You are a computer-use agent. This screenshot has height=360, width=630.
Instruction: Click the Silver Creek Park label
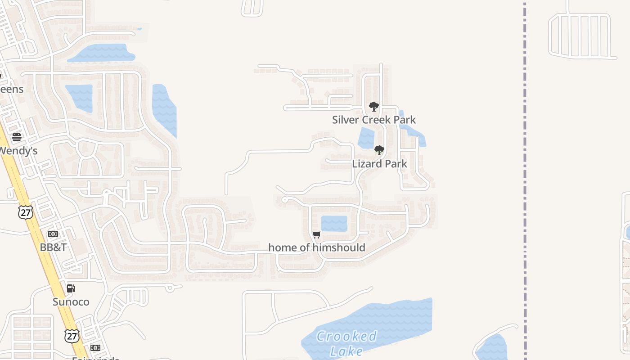click(x=373, y=120)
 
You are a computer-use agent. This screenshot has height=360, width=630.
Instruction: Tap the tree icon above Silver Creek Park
click(x=373, y=107)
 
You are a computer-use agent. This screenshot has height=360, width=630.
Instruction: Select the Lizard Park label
click(x=379, y=164)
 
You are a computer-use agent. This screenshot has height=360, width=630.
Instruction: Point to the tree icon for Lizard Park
click(x=379, y=150)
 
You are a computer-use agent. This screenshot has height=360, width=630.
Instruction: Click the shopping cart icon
click(x=317, y=234)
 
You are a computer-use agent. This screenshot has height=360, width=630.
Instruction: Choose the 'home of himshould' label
click(x=317, y=247)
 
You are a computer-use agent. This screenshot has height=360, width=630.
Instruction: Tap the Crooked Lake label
click(x=346, y=343)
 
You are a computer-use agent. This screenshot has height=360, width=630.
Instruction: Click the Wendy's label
click(x=18, y=151)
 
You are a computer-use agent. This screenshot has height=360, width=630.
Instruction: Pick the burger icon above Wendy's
click(x=17, y=137)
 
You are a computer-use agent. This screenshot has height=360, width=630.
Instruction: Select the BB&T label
click(x=53, y=247)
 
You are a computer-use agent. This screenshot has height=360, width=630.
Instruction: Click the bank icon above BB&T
click(x=53, y=234)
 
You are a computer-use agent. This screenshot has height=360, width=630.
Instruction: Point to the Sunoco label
click(x=71, y=301)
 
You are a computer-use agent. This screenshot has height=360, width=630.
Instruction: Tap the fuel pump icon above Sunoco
click(x=71, y=288)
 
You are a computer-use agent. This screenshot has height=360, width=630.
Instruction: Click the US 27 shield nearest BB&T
click(x=26, y=212)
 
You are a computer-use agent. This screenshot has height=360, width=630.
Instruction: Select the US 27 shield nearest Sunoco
click(x=72, y=335)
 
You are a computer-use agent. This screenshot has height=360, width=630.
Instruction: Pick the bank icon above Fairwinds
click(x=95, y=348)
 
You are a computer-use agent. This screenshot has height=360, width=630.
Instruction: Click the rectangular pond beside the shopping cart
click(x=334, y=224)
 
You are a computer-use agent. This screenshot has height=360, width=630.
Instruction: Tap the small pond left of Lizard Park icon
click(x=366, y=138)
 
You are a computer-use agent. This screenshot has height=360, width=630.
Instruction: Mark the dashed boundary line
click(x=525, y=180)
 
